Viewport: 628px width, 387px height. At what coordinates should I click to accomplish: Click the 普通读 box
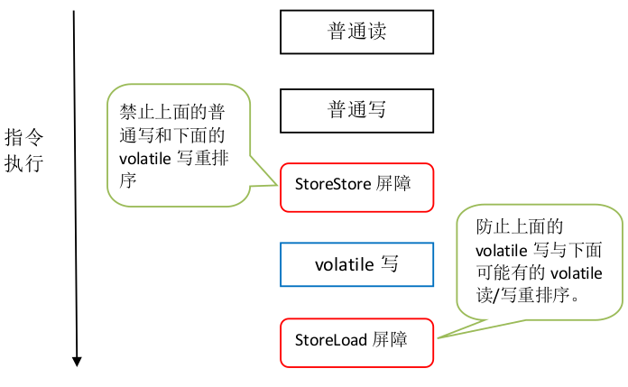tap(356, 32)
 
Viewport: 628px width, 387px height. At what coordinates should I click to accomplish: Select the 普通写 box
tap(356, 110)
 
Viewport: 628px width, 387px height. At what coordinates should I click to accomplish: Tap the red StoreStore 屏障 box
tap(356, 187)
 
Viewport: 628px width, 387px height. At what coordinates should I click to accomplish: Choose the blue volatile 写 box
tap(356, 265)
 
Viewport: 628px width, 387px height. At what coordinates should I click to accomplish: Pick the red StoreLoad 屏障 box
tap(356, 342)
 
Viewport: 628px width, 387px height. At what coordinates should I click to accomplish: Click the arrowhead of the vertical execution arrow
tap(78, 362)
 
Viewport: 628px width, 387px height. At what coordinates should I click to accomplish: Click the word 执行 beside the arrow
tap(24, 164)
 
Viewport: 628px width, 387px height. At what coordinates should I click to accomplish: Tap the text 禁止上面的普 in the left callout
tap(172, 114)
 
